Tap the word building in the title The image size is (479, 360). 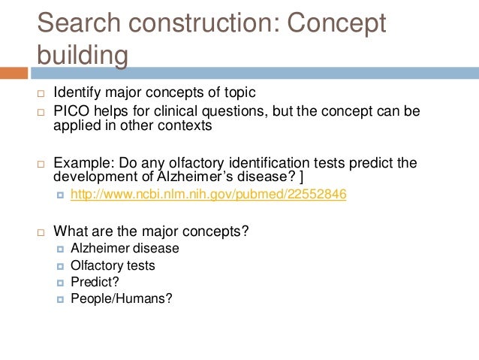pos(83,56)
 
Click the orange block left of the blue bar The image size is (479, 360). pos(14,74)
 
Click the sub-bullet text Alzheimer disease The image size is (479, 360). pos(125,248)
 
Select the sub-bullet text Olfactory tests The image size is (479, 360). pos(113,265)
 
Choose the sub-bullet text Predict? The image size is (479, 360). pos(95,282)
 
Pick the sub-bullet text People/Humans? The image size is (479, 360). pos(122,298)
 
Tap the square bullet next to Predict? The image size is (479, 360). pos(60,283)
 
